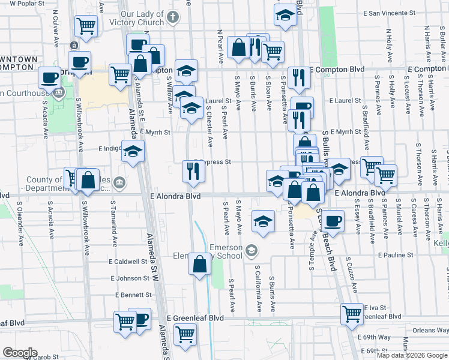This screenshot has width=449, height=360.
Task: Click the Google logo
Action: [x=20, y=352]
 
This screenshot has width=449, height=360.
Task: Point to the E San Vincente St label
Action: [x=389, y=13]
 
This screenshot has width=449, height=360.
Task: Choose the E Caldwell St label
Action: [x=128, y=262]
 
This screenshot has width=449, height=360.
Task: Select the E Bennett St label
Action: [x=134, y=295]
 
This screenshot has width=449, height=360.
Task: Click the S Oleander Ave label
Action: [x=20, y=229]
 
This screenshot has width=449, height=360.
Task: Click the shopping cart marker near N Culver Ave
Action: [x=86, y=26]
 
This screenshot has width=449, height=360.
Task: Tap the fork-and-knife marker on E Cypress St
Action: [x=194, y=172]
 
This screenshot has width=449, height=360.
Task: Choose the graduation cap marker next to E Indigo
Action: [x=133, y=151]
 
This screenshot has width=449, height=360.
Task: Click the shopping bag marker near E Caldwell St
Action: [x=199, y=264]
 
